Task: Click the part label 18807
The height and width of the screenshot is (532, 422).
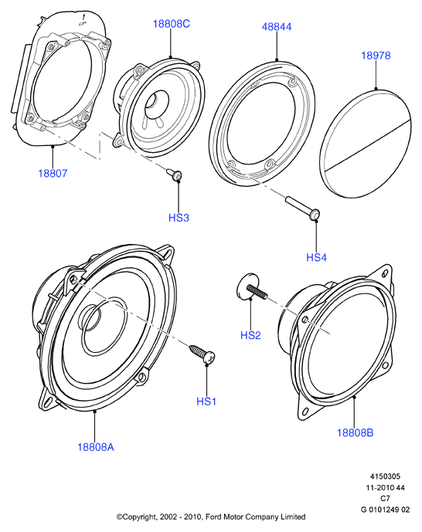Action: coord(53,174)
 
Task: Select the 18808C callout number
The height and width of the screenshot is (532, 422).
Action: coord(171,24)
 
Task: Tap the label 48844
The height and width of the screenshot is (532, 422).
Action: coord(277,27)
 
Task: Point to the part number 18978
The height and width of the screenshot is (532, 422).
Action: coord(376,56)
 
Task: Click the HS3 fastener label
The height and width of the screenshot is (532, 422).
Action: coord(179,218)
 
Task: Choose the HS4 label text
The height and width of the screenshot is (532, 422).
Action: coord(316,258)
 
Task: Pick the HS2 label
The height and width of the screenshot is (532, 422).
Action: coord(250,335)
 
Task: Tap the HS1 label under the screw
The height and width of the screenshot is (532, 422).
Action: coord(206,402)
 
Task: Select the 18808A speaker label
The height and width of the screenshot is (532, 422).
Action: coord(96,447)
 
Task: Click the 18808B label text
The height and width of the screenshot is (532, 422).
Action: coord(355,432)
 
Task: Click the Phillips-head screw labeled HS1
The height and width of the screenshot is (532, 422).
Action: coord(202,354)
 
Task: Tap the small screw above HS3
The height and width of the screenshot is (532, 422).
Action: coord(175,174)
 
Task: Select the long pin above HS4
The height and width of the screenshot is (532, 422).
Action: coord(303,208)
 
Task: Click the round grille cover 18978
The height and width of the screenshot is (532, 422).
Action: coord(366,143)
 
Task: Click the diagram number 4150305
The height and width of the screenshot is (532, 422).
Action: coord(385,476)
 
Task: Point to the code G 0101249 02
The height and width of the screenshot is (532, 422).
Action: coord(385,510)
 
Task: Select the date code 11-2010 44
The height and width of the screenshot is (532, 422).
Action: coord(385,487)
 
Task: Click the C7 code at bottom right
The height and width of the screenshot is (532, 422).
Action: coord(385,498)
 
